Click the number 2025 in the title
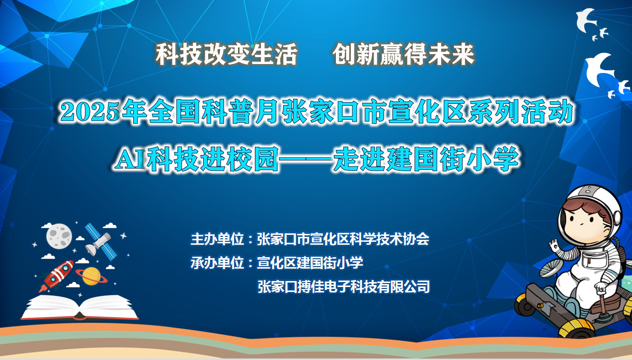[x=90, y=112]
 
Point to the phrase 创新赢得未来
[x=403, y=54]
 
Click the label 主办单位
[x=217, y=239]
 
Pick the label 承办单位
[x=217, y=263]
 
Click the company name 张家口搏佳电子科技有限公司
[x=344, y=287]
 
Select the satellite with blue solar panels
[x=101, y=242]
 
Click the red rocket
[x=57, y=276]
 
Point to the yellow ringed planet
[x=91, y=276]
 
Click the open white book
[x=79, y=307]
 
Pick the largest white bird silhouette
[x=599, y=70]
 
